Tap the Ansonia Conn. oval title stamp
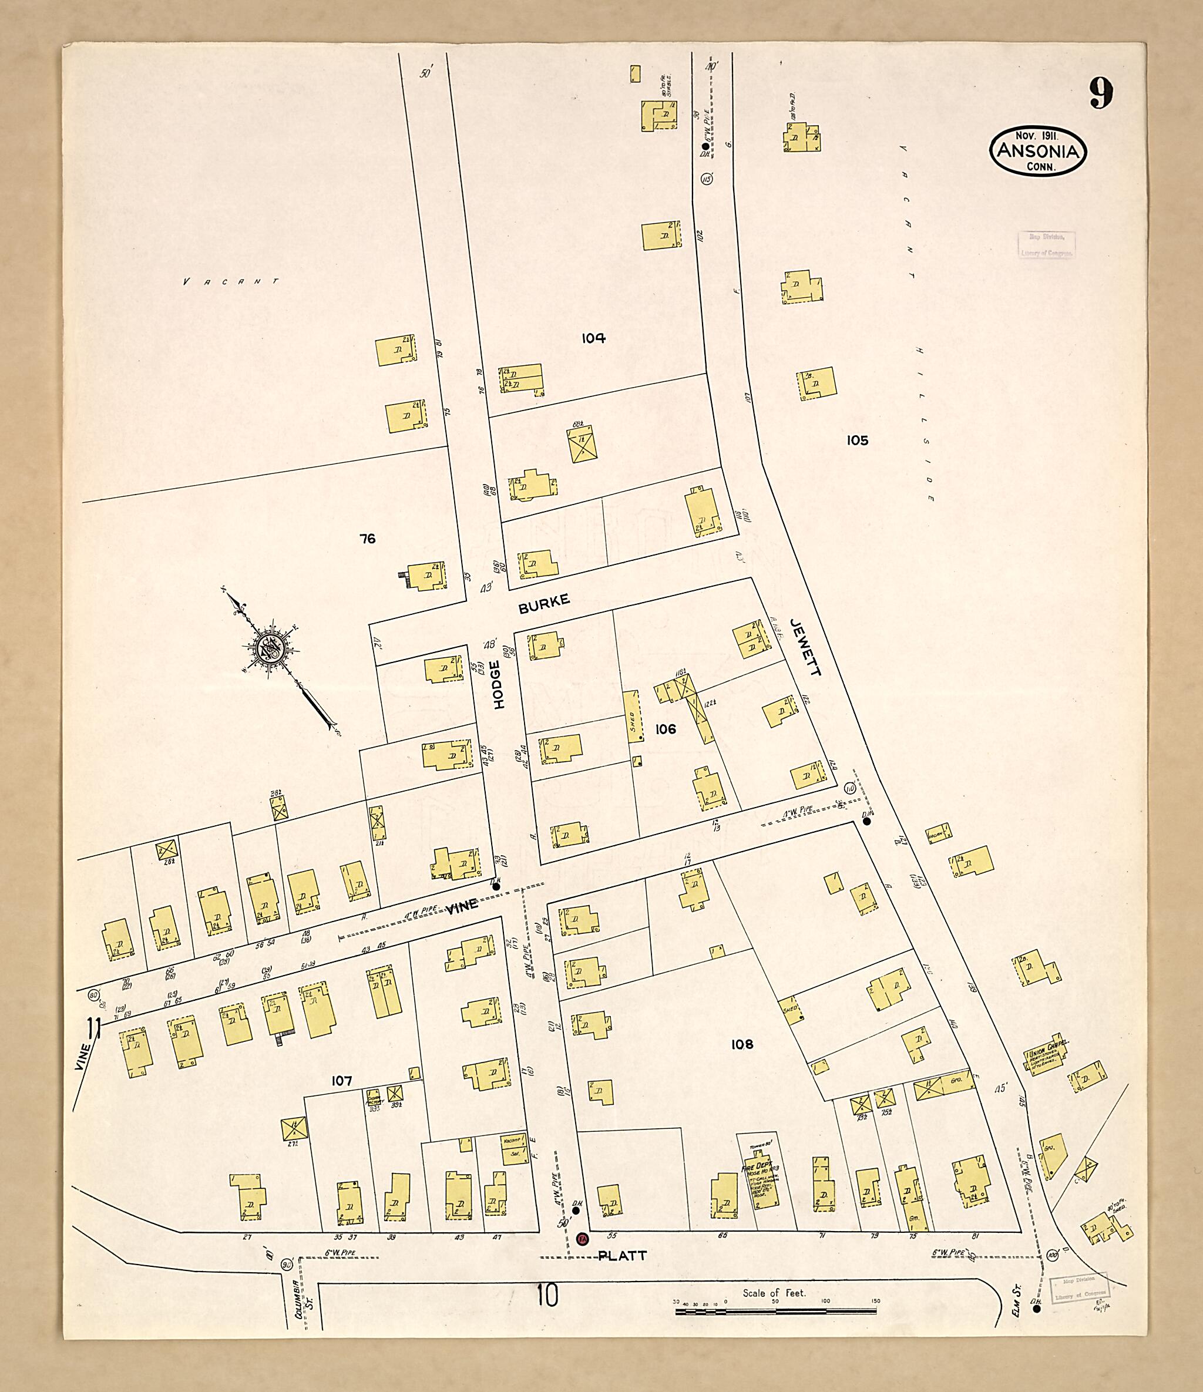pyautogui.click(x=1038, y=150)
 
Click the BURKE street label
pyautogui.click(x=544, y=603)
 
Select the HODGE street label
pyautogui.click(x=498, y=685)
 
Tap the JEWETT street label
pyautogui.click(x=806, y=647)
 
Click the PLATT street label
pyautogui.click(x=621, y=1256)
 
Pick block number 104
pyautogui.click(x=593, y=338)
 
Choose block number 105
pyautogui.click(x=857, y=440)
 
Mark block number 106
pyautogui.click(x=666, y=729)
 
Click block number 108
pyautogui.click(x=742, y=1044)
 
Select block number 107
pyautogui.click(x=341, y=1081)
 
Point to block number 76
pyautogui.click(x=367, y=538)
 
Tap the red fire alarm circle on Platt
pyautogui.click(x=583, y=1238)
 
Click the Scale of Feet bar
pyautogui.click(x=774, y=1310)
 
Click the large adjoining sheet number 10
pyautogui.click(x=547, y=1295)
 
